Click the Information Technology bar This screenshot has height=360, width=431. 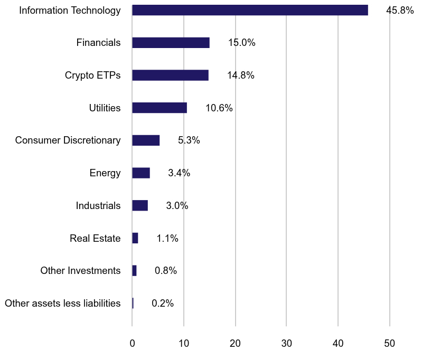250,10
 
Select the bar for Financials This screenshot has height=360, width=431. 171,43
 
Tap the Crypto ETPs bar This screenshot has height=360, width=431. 170,75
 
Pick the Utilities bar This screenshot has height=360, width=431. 160,108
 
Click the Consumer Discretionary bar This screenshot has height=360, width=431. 146,140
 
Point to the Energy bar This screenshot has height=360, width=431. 141,173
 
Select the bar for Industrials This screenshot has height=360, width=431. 140,205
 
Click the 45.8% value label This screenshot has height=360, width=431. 400,10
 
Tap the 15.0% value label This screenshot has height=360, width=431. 242,43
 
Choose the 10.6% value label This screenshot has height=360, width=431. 219,108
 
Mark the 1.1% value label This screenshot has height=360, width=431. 167,239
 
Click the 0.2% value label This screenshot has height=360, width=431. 163,304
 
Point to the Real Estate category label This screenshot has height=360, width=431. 95,239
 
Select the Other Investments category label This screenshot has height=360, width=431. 80,271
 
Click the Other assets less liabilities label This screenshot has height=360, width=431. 62,304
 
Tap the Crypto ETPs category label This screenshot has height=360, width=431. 92,75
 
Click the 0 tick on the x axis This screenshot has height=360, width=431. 132,343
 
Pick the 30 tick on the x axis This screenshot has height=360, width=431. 286,343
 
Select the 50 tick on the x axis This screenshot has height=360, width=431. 390,343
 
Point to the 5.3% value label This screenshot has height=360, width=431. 189,140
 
